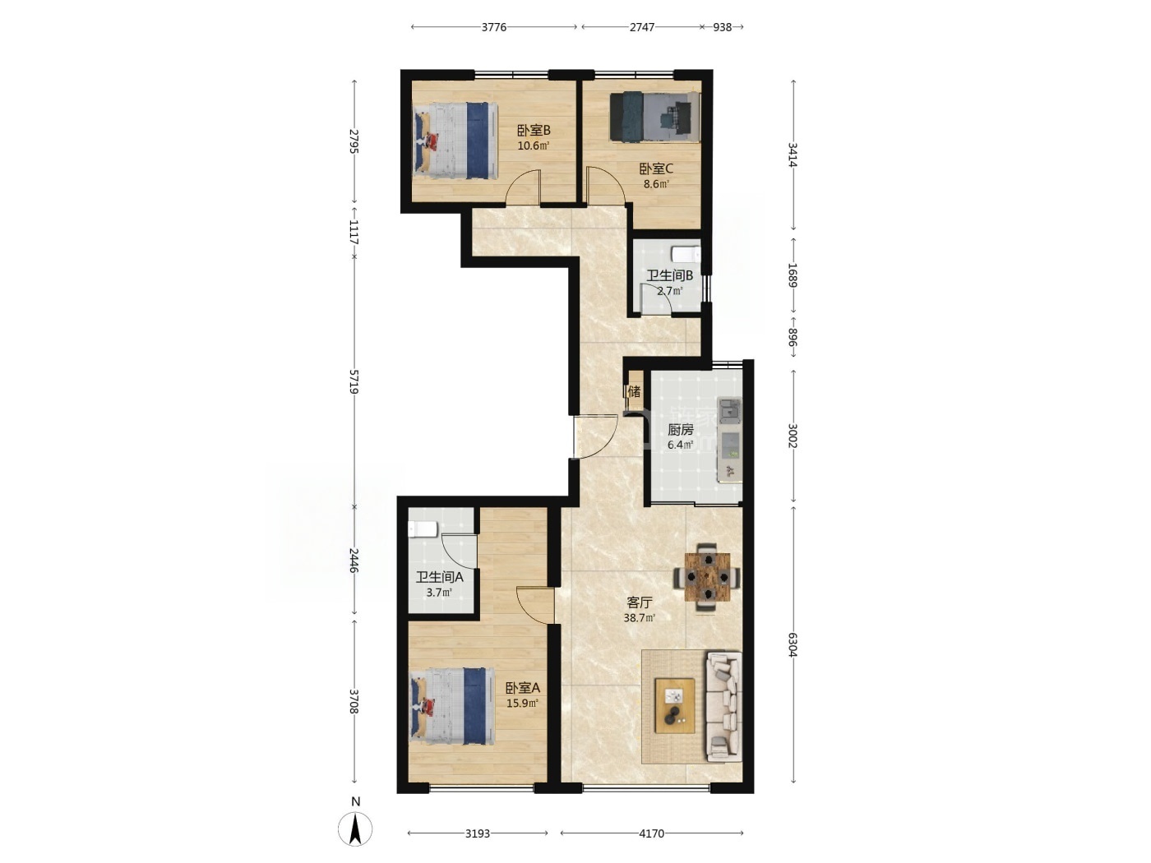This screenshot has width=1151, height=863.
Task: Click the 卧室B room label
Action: (534, 130)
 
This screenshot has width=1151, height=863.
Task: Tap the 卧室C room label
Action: (655, 168)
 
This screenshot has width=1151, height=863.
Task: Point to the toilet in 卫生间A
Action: (422, 529)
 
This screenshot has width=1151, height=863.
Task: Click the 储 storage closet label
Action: (633, 391)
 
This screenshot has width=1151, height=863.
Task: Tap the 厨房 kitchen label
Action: (680, 430)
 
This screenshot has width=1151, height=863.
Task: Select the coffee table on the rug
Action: (675, 705)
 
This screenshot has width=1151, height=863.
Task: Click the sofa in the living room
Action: (723, 706)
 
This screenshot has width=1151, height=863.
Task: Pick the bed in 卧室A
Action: (452, 706)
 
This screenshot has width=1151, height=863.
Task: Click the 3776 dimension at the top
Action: (494, 27)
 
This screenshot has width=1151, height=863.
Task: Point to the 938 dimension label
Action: (722, 27)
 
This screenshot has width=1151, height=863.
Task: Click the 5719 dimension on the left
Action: (354, 381)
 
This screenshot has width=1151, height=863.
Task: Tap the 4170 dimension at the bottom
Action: (652, 833)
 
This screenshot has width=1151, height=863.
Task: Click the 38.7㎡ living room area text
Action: (639, 618)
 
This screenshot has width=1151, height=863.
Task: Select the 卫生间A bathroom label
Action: (439, 578)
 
